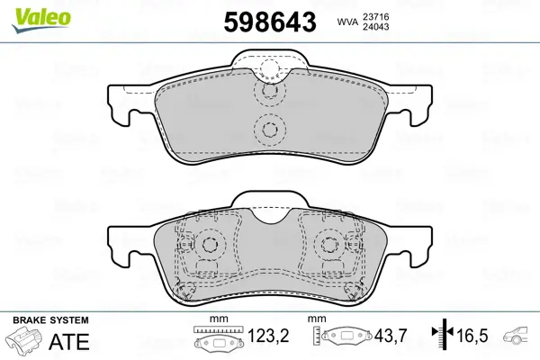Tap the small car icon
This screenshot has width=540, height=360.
click(x=518, y=336)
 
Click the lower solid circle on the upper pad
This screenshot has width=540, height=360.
click(x=268, y=130)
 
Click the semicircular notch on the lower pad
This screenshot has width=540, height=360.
click(x=268, y=213)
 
